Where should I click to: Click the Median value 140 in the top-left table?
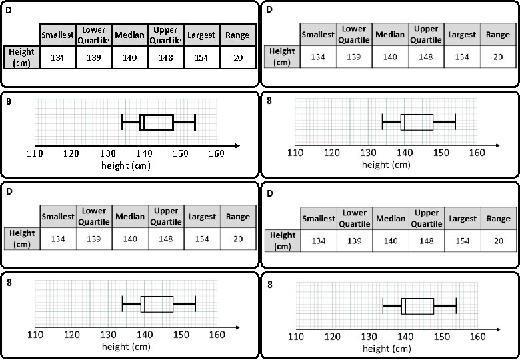click(130, 58)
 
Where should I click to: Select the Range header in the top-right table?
click(498, 34)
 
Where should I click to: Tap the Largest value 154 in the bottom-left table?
click(202, 239)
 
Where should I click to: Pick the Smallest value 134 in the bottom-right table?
click(319, 241)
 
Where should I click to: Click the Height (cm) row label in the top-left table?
click(21, 57)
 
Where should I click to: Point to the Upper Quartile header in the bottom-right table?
click(427, 219)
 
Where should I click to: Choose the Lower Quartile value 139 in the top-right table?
click(354, 57)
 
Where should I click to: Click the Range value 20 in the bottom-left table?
click(238, 239)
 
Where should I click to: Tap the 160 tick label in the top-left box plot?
click(216, 154)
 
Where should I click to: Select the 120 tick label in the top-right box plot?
click(331, 153)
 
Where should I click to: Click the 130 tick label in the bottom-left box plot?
click(107, 334)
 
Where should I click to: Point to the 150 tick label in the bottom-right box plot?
click(441, 337)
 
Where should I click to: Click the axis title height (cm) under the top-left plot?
click(126, 165)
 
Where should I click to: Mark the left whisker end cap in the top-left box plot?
click(122, 123)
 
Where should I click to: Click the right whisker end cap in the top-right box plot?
click(455, 123)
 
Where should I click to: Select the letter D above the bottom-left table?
click(9, 193)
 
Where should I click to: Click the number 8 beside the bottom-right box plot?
click(269, 285)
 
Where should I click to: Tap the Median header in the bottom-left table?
click(130, 217)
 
